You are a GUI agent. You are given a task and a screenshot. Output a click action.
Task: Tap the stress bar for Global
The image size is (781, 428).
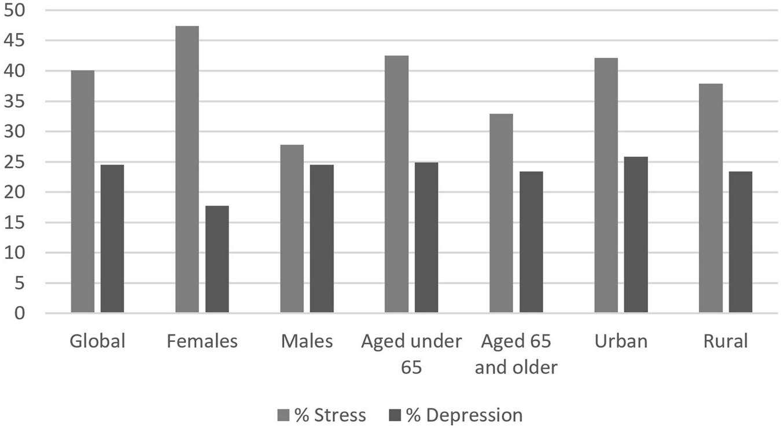coord(82,191)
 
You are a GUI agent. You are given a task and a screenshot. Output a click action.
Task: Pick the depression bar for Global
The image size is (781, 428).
coord(112,239)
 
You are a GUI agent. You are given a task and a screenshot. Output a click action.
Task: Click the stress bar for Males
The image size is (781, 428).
coord(292,228)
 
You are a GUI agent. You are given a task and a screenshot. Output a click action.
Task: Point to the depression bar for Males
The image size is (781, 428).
coord(322,239)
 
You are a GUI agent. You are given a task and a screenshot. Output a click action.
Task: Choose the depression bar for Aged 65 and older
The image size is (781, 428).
coord(531,242)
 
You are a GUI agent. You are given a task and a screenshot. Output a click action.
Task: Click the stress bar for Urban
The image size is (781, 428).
coord(606,185)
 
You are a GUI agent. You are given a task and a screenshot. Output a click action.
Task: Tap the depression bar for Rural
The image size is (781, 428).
coord(741,242)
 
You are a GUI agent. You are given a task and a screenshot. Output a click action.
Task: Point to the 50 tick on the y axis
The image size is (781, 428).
coord(14,10)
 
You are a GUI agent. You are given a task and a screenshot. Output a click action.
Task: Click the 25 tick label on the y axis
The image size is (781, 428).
coord(14,162)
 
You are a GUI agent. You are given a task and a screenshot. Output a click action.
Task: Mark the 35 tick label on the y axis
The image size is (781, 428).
coord(14,101)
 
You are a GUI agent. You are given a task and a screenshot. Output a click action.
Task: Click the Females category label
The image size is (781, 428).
coord(202,341)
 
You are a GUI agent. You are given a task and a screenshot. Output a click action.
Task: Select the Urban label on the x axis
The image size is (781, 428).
coord(621,341)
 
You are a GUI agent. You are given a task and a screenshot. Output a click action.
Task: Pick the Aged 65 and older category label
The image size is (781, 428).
coord(516,354)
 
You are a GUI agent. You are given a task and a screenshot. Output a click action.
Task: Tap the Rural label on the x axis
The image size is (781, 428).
coord(725,341)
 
